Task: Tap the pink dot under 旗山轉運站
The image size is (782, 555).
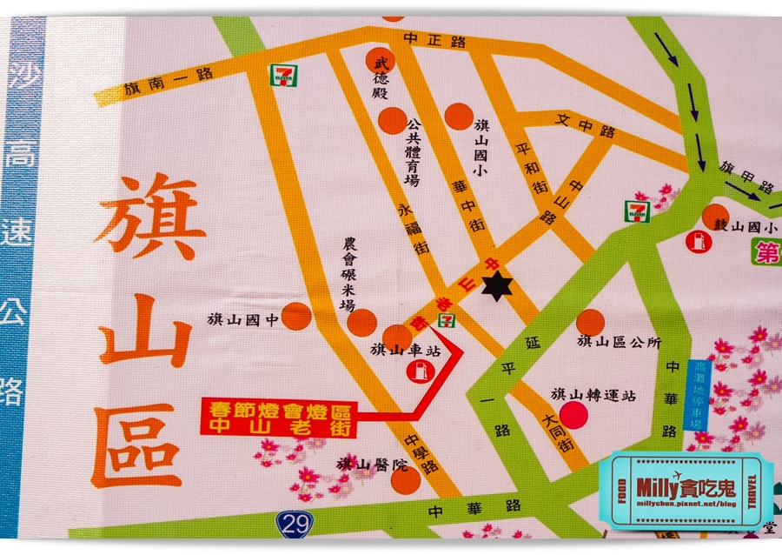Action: tap(573, 414)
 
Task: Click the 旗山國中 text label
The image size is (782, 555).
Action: tap(243, 319)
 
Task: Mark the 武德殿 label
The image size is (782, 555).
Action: tap(380, 78)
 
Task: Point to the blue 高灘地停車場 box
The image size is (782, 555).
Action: tap(697, 396)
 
